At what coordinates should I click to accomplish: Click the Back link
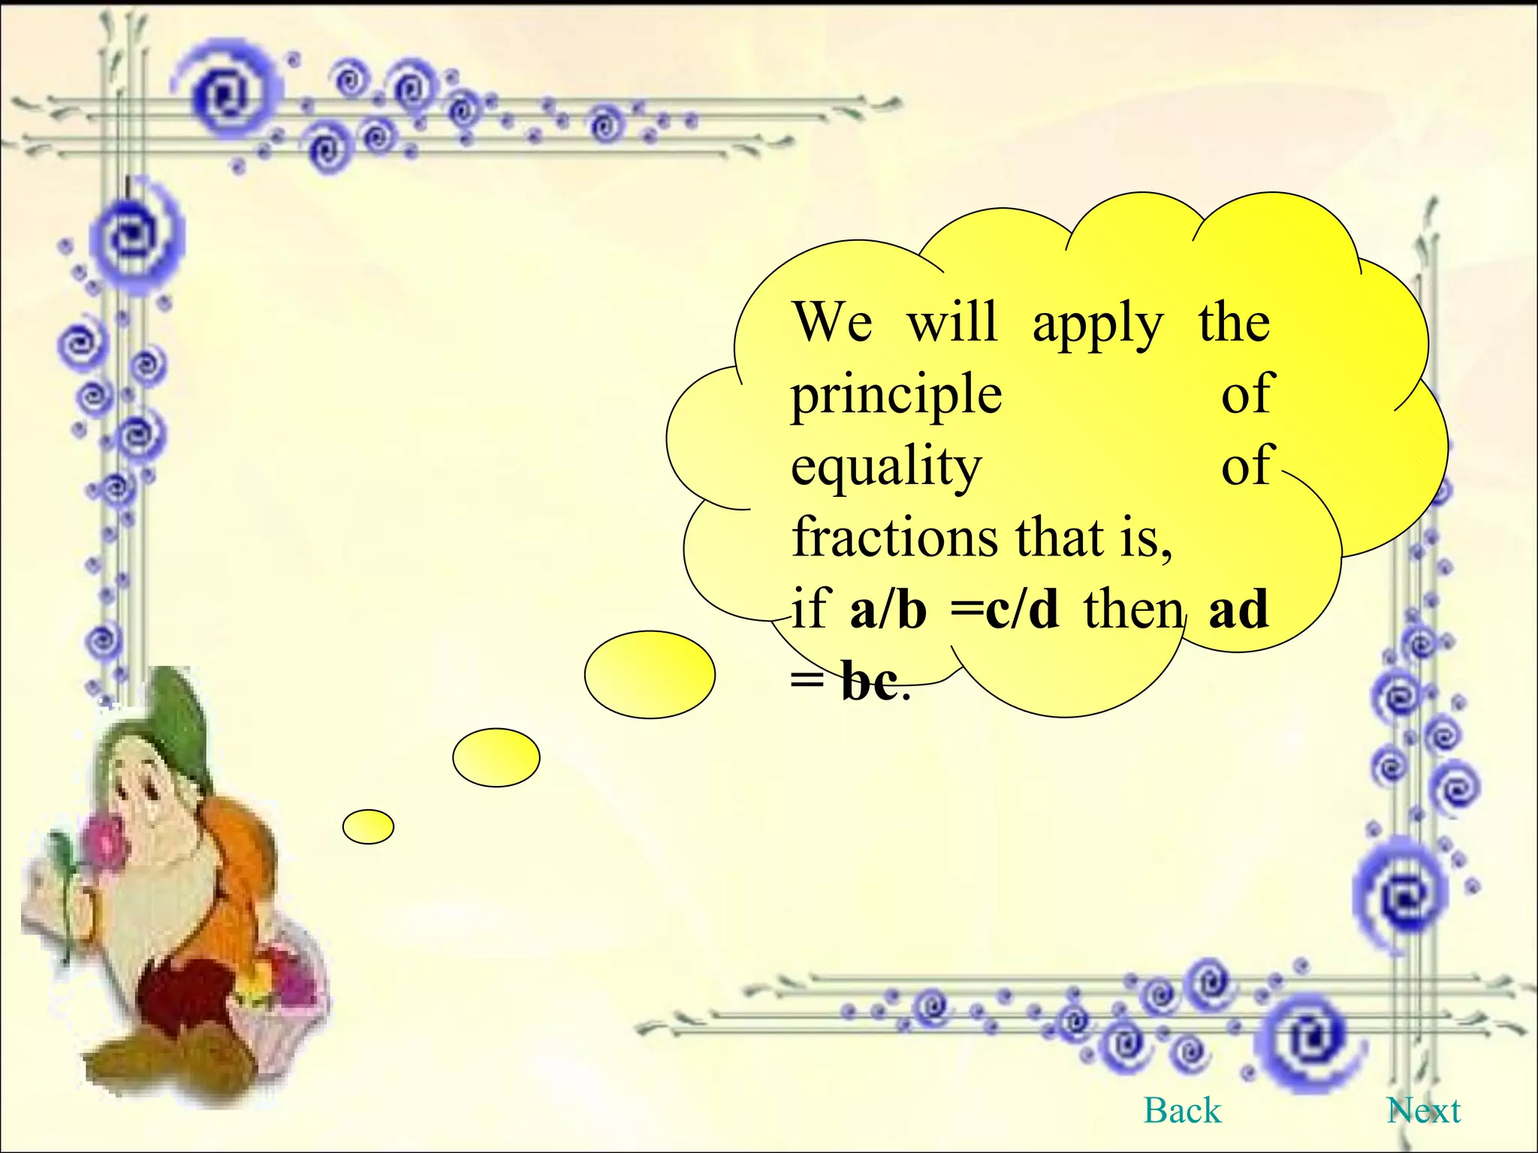click(x=1182, y=1110)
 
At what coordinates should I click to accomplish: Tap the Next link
click(x=1424, y=1110)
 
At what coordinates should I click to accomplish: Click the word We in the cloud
click(x=832, y=323)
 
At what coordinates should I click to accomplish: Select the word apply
click(x=1097, y=325)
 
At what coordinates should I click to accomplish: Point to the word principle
click(x=896, y=396)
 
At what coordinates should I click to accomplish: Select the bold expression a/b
click(x=888, y=609)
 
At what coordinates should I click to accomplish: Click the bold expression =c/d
click(x=1005, y=609)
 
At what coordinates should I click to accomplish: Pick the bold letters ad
click(x=1238, y=609)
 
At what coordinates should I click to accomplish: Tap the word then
click(x=1132, y=609)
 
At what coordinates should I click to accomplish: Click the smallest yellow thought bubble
click(x=368, y=826)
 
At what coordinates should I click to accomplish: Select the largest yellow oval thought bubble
click(x=650, y=674)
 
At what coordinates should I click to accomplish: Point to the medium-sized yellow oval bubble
click(x=496, y=757)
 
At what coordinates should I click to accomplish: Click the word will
click(x=952, y=323)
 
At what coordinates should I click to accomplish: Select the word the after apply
click(x=1234, y=323)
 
